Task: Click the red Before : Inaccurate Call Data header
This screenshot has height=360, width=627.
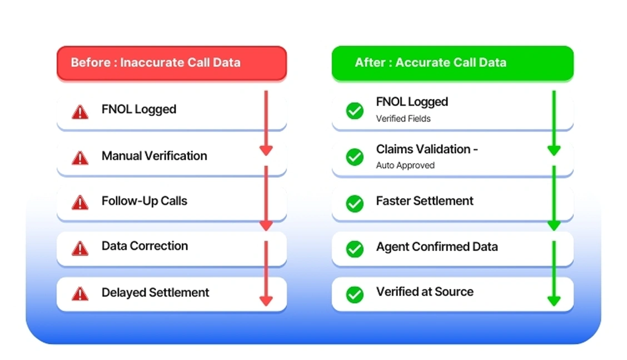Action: [x=171, y=62]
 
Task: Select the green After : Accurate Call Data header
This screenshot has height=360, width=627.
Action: [x=452, y=62]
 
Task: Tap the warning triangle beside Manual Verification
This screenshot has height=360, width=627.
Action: [x=80, y=158]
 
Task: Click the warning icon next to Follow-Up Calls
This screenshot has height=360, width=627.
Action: [x=80, y=203]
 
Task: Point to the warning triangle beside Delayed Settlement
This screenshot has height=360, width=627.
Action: [x=80, y=294]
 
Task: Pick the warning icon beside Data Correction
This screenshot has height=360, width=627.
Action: [x=80, y=248]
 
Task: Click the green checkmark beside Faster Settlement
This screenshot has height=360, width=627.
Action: [x=355, y=203]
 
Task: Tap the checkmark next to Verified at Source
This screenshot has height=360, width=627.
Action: [x=355, y=294]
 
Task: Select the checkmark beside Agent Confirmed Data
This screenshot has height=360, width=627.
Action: [x=355, y=248]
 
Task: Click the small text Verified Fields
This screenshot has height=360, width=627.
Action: [x=403, y=118]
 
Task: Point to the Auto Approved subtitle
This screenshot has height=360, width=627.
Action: [x=405, y=165]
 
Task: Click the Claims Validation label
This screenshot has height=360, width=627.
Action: [x=426, y=149]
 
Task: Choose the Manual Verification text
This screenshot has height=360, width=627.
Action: [x=154, y=156]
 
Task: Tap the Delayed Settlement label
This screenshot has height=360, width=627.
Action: [x=155, y=292]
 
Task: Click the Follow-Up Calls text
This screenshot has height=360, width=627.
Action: [x=144, y=201]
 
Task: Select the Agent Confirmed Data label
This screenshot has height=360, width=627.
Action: [x=436, y=247]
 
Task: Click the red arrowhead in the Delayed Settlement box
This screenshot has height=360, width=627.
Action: [x=266, y=301]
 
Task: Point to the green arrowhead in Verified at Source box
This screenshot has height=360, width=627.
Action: [x=554, y=301]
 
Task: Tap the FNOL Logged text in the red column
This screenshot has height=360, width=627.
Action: [x=138, y=109]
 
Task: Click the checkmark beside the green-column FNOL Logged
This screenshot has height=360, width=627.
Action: [x=355, y=111]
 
